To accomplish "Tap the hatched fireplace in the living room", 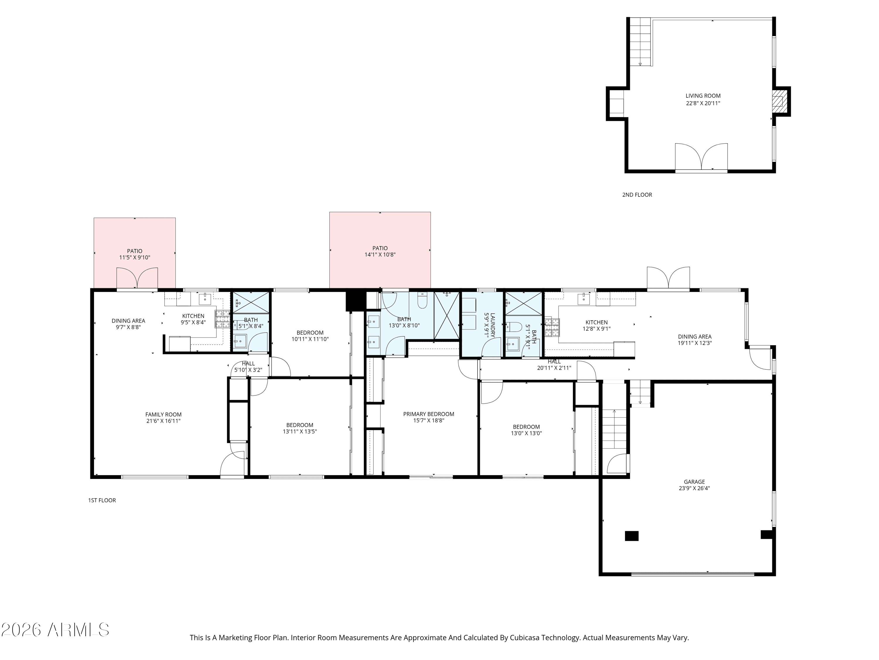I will point(777,101).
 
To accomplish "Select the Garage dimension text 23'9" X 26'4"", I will point(694,488).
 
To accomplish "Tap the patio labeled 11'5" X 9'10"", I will point(135,254).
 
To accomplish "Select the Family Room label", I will point(163,414).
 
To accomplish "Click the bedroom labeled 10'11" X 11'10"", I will point(310,336).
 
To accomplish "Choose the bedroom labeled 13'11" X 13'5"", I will point(300,428).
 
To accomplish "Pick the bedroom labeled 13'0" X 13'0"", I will point(526,430).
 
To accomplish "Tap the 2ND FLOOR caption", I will point(637,194).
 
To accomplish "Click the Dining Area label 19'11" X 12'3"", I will point(695,339).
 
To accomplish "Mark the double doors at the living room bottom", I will point(701,157).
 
